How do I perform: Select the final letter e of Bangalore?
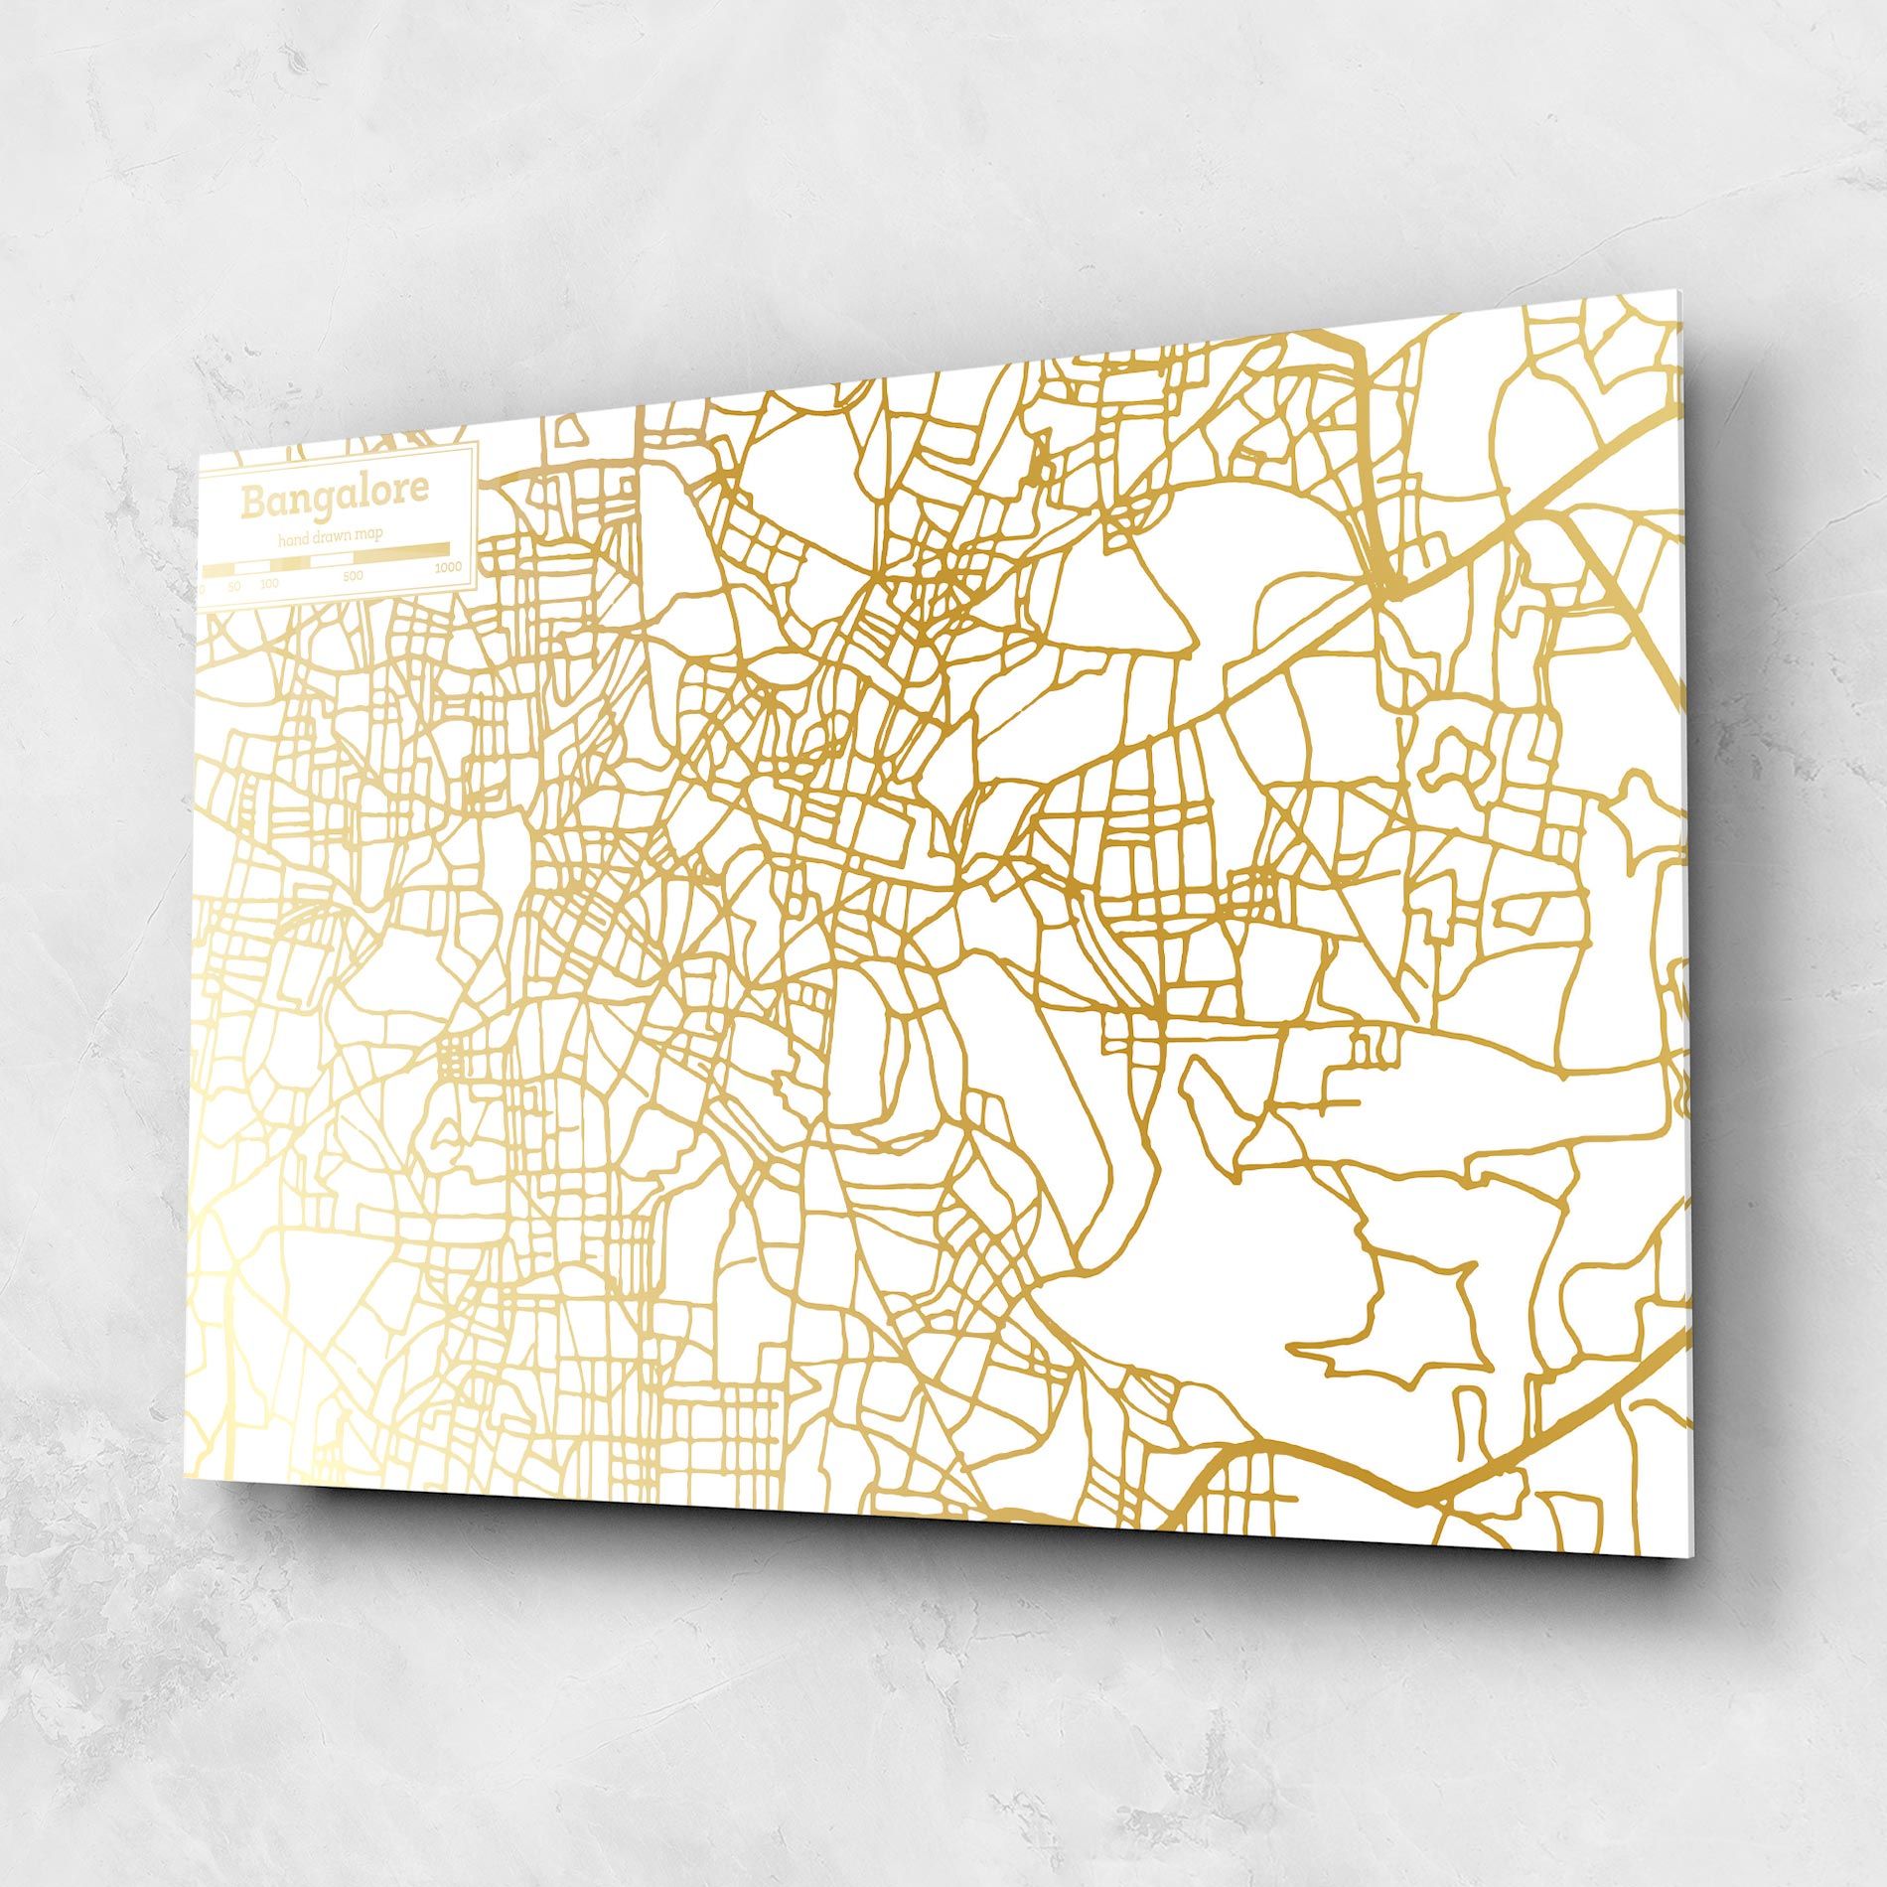[421, 489]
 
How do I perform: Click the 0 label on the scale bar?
[203, 589]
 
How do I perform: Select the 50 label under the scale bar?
[234, 586]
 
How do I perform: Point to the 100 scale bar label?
[269, 583]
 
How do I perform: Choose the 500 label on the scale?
[353, 575]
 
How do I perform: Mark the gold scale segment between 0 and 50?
[218, 571]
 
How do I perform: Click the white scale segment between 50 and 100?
[251, 567]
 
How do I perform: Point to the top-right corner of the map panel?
[1680, 291]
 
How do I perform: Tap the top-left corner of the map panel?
[200, 456]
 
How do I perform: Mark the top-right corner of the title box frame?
[478, 443]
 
